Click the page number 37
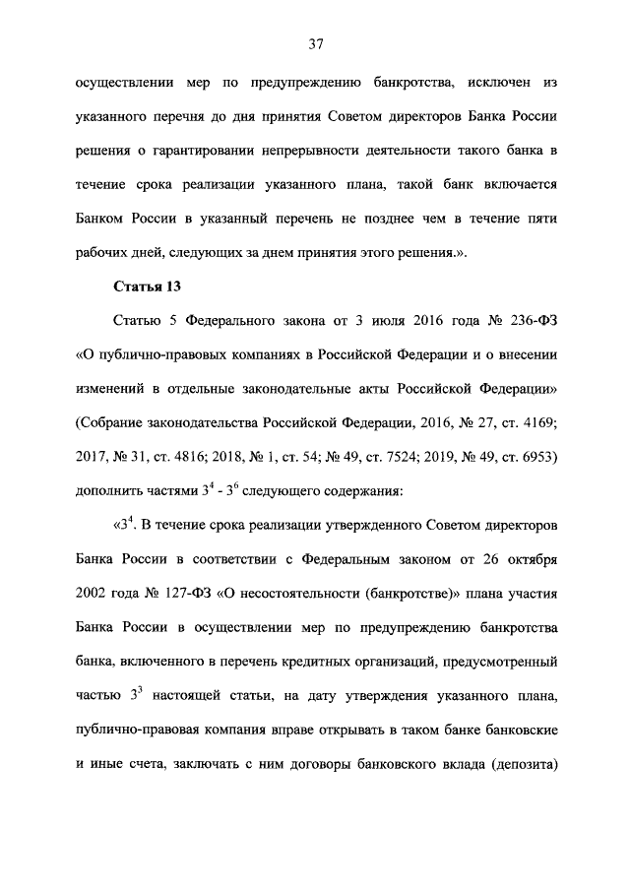click(x=315, y=44)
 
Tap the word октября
click(x=533, y=562)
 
